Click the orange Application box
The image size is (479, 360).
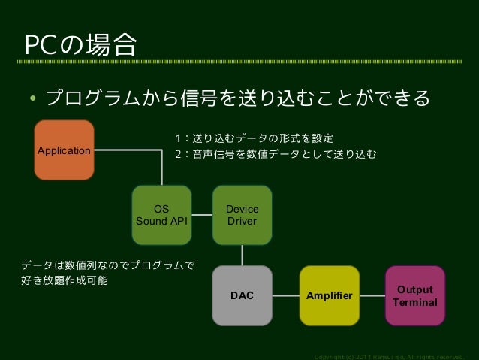pos(64,150)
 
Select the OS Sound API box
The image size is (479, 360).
pos(161,215)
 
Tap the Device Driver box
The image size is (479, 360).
pos(242,215)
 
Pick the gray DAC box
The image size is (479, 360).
pos(242,296)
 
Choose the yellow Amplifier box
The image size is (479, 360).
pos(330,296)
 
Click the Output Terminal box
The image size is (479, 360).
pos(415,296)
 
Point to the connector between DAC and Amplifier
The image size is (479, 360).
pos(286,296)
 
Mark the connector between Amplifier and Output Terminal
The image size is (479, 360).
pos(372,296)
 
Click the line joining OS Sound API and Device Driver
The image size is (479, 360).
pos(202,215)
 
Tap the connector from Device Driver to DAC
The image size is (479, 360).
pos(242,256)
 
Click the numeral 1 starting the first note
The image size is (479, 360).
pos(177,139)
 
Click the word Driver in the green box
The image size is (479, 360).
pos(242,222)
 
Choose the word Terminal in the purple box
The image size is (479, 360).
pos(415,303)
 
